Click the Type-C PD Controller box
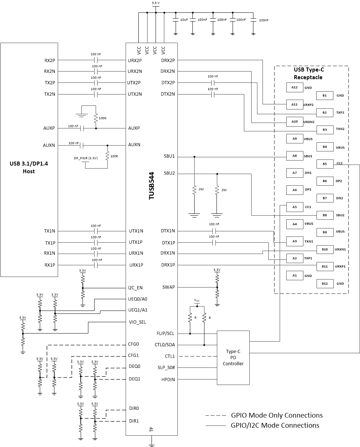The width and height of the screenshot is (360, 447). (x=233, y=358)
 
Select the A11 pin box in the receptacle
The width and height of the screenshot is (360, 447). (x=294, y=104)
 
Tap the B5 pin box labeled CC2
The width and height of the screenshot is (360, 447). (x=325, y=164)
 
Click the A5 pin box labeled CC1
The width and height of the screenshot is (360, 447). (x=294, y=207)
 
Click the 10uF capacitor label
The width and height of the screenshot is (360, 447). (x=184, y=20)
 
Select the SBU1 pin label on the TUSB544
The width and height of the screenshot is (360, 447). (x=169, y=156)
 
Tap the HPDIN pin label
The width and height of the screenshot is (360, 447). (x=168, y=379)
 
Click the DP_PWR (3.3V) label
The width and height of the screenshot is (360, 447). (x=86, y=158)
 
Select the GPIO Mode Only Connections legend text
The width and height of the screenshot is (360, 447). (x=277, y=415)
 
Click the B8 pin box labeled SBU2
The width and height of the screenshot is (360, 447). (x=325, y=215)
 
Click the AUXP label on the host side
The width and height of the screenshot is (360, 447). (x=49, y=128)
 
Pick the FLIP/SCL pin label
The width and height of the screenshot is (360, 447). (x=165, y=333)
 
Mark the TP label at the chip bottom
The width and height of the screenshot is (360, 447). (x=152, y=430)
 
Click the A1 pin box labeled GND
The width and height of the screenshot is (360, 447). (x=294, y=275)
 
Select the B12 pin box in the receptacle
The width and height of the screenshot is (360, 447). (x=325, y=284)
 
